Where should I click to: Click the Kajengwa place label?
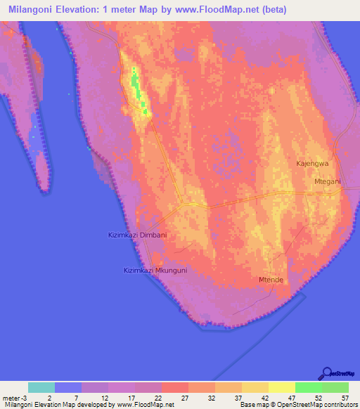(x=312, y=163)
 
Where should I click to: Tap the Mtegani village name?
(x=326, y=181)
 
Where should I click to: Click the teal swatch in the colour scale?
(x=41, y=387)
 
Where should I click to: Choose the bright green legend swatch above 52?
(x=309, y=387)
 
